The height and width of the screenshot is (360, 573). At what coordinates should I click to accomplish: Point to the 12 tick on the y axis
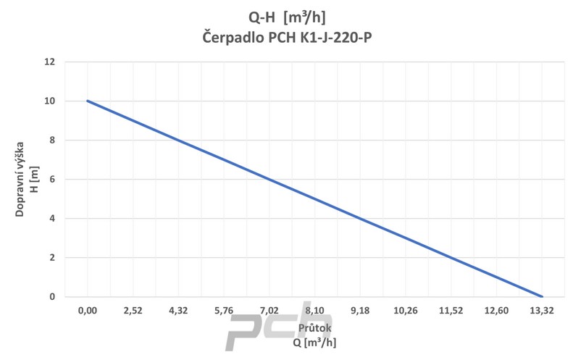coord(49,62)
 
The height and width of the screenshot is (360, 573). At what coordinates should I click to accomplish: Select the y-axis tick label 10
coord(49,101)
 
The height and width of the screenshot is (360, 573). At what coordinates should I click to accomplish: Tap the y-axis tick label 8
coord(51,140)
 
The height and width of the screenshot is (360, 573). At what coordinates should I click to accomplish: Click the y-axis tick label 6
coord(51,179)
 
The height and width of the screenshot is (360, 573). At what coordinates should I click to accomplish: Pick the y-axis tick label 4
coord(51,218)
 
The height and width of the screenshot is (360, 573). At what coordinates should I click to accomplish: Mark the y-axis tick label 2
coord(51,257)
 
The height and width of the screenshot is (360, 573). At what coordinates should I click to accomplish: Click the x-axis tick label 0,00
coord(87,311)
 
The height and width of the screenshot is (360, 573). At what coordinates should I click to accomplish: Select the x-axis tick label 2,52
coord(133,311)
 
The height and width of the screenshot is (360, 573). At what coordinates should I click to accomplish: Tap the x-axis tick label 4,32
coord(178,311)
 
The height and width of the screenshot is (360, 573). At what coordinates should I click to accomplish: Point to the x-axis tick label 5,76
coord(224,311)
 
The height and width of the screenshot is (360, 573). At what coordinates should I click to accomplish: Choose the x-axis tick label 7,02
coord(269,311)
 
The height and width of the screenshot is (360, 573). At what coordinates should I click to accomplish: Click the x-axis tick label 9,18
coord(360,311)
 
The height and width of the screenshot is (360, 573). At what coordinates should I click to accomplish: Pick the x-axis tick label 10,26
coord(406,311)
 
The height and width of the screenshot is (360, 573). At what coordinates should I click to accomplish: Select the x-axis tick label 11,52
coord(451,311)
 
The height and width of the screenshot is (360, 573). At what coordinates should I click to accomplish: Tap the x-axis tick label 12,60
coord(497,311)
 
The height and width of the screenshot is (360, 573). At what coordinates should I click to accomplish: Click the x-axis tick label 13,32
coord(543,311)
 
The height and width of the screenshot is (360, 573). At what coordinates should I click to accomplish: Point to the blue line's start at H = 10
coord(88,101)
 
